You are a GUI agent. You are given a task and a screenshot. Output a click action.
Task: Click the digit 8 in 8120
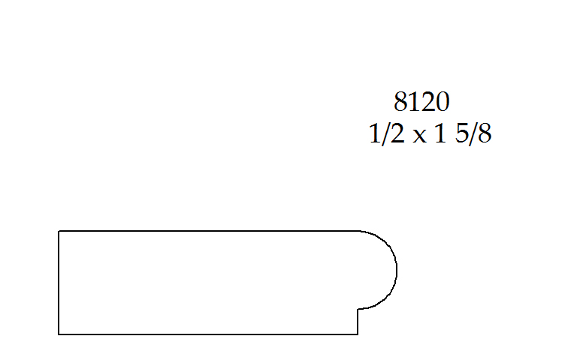click(x=400, y=101)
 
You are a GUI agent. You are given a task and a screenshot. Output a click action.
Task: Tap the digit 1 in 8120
click(x=415, y=101)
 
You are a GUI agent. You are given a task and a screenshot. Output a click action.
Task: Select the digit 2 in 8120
click(x=427, y=101)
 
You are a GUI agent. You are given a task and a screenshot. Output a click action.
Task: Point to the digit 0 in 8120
click(x=442, y=101)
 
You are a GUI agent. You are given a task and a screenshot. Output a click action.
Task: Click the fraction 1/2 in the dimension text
click(x=387, y=133)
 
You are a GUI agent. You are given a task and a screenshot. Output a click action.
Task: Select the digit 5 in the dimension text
click(x=462, y=133)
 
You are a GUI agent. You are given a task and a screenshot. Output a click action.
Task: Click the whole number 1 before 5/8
click(x=440, y=133)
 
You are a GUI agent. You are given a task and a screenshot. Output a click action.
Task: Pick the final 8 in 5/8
click(x=485, y=133)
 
